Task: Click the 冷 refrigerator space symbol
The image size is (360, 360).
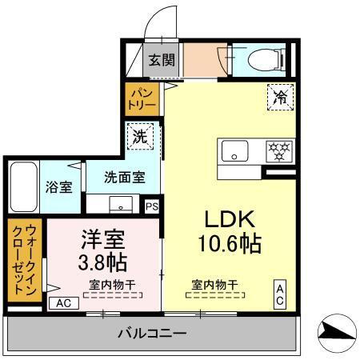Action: click(x=280, y=97)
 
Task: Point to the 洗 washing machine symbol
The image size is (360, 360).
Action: click(x=138, y=137)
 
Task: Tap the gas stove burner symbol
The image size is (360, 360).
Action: click(x=281, y=150)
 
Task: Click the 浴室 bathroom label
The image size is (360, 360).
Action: click(x=58, y=186)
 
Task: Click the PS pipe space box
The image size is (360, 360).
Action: click(x=152, y=206)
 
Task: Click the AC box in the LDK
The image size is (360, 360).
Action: click(x=281, y=293)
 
